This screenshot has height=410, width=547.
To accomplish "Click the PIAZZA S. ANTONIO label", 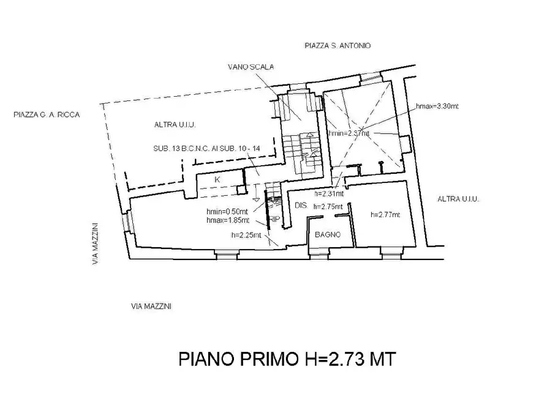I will pyautogui.click(x=338, y=46).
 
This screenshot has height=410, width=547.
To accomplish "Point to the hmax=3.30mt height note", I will pyautogui.click(x=437, y=106).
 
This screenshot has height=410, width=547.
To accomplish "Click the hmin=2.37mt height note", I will pyautogui.click(x=349, y=133).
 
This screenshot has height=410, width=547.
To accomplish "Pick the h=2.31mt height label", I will pyautogui.click(x=328, y=193).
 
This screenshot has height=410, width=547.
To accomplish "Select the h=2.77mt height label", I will pyautogui.click(x=385, y=215).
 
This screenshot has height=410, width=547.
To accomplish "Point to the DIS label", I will pyautogui.click(x=300, y=206).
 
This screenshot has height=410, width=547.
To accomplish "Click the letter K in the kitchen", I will pyautogui.click(x=217, y=179).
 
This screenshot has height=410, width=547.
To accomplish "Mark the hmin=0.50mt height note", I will pyautogui.click(x=228, y=212).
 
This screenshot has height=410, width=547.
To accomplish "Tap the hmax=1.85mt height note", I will pyautogui.click(x=228, y=220).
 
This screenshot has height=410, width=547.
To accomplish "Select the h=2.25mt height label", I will pyautogui.click(x=246, y=234).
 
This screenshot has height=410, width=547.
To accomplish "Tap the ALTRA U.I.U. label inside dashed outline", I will pyautogui.click(x=175, y=125).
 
